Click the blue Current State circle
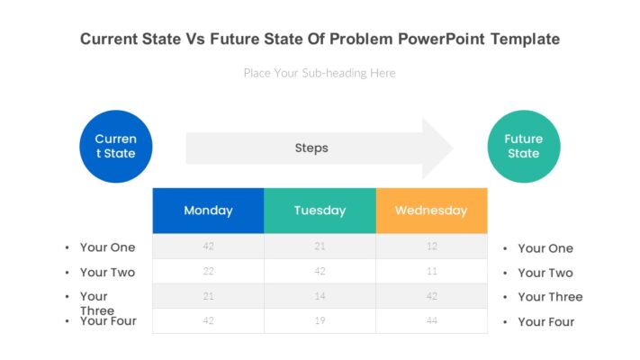[x=115, y=146]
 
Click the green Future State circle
[x=523, y=146]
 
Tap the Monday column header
[x=208, y=211]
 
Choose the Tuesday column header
[x=320, y=211]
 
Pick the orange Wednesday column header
[x=431, y=211]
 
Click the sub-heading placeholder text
[x=320, y=73]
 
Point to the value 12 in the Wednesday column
[x=431, y=247]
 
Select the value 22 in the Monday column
[x=208, y=271]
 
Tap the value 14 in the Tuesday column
[x=320, y=295]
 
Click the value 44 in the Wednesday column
[x=431, y=320]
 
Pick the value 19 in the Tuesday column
[x=320, y=320]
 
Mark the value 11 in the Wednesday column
[x=431, y=271]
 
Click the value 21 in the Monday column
[x=208, y=295]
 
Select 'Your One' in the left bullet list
[x=107, y=247]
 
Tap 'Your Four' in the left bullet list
[x=108, y=320]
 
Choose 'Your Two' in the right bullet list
[x=545, y=273]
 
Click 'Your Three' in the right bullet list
[x=550, y=297]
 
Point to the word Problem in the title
[x=361, y=40]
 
